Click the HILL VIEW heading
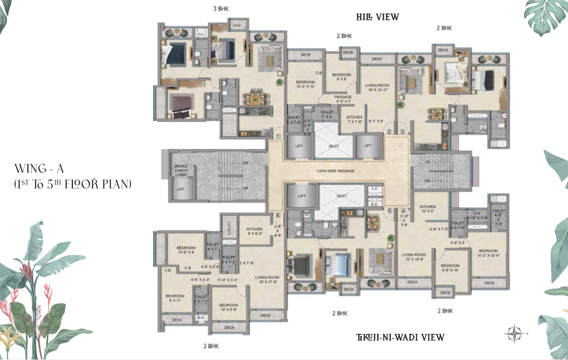click(x=378, y=17)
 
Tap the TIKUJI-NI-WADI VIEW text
click(x=400, y=337)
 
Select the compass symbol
click(x=512, y=334)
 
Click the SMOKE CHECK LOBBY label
click(x=180, y=170)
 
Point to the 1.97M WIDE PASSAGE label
click(x=335, y=170)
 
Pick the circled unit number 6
click(x=278, y=215)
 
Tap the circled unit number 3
click(x=402, y=131)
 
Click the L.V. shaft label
click(x=375, y=190)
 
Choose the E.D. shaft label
click(x=375, y=204)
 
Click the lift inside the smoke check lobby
click(x=181, y=190)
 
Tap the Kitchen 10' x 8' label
click(x=427, y=209)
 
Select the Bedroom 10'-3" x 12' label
click(x=305, y=83)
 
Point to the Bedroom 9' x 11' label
click(x=175, y=298)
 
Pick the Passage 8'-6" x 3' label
click(x=343, y=99)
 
